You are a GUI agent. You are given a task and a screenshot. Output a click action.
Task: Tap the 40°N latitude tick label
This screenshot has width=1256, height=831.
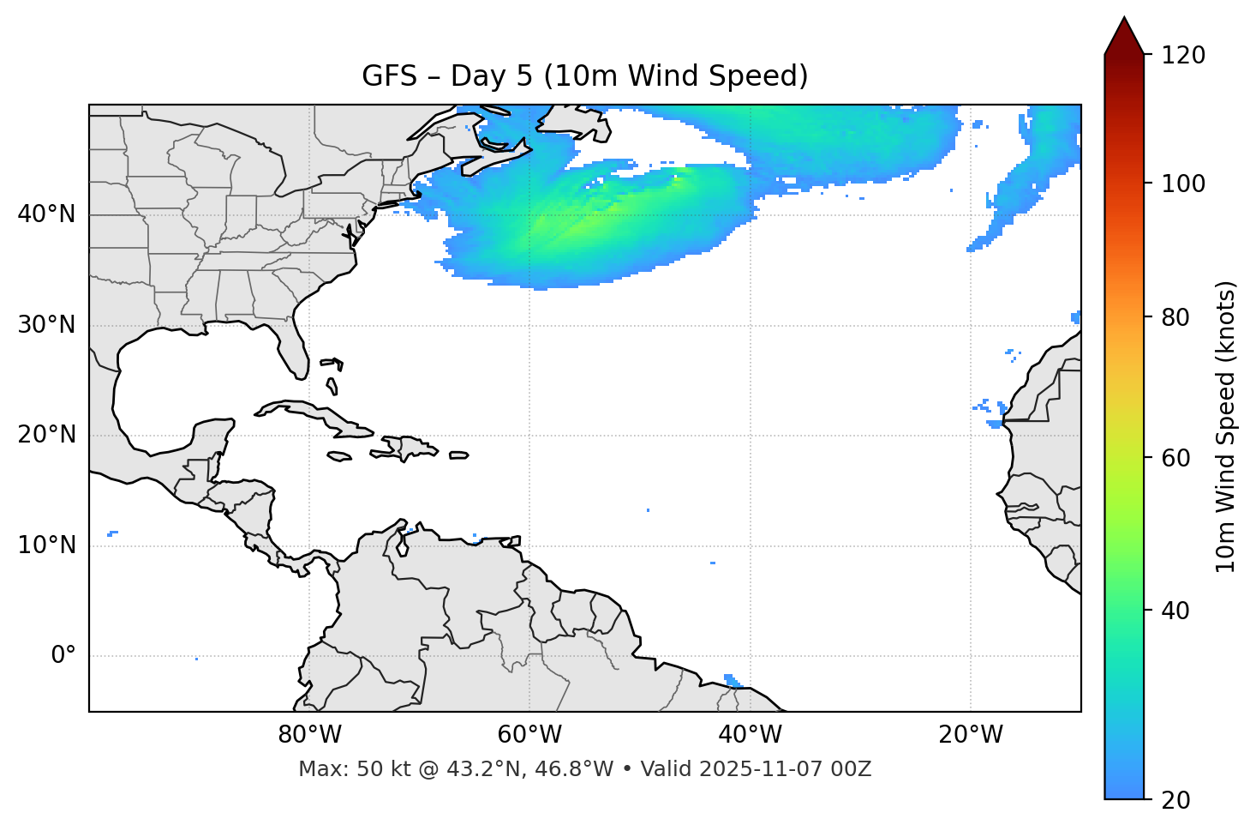coord(46,214)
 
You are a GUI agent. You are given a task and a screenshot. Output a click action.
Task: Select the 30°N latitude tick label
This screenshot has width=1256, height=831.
coord(46,325)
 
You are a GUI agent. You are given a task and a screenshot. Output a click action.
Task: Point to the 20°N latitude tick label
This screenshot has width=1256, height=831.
coord(46,435)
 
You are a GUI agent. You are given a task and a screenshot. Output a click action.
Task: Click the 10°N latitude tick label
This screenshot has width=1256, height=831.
coord(46,545)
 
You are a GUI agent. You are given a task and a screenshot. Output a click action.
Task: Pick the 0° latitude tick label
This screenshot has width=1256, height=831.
coord(63,656)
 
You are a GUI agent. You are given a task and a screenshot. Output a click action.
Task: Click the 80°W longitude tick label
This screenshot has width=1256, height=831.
coord(309,735)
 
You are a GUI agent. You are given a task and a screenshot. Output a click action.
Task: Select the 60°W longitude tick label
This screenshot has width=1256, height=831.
coord(529,735)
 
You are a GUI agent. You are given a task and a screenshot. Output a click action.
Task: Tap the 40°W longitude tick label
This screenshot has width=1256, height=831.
coord(750,735)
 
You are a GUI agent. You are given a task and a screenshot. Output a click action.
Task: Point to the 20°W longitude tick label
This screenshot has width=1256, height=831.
coord(970,735)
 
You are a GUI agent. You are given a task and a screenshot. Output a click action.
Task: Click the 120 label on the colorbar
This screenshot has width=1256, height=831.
coord(1182,56)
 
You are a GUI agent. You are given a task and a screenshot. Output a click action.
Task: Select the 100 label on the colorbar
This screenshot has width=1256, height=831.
coord(1182,184)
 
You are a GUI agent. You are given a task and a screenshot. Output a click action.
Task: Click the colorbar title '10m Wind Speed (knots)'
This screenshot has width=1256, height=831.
coord(1226,426)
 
